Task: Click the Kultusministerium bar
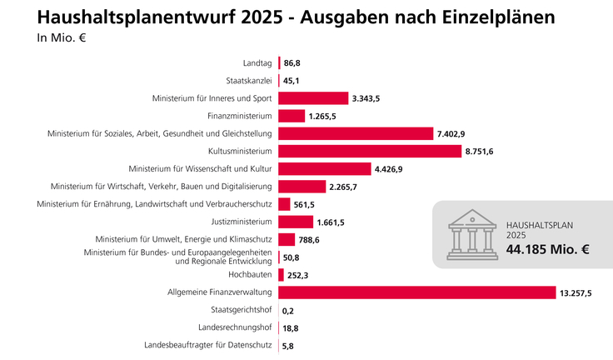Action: tap(370, 151)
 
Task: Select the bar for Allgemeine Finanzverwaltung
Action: tap(416, 292)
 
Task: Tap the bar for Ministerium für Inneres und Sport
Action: tap(313, 98)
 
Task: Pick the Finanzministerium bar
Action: tap(292, 116)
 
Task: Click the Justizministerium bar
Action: tap(295, 222)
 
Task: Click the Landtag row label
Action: tap(257, 63)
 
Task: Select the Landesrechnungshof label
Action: tap(236, 327)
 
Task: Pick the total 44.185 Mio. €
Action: tap(548, 249)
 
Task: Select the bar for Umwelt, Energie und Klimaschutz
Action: tap(287, 239)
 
